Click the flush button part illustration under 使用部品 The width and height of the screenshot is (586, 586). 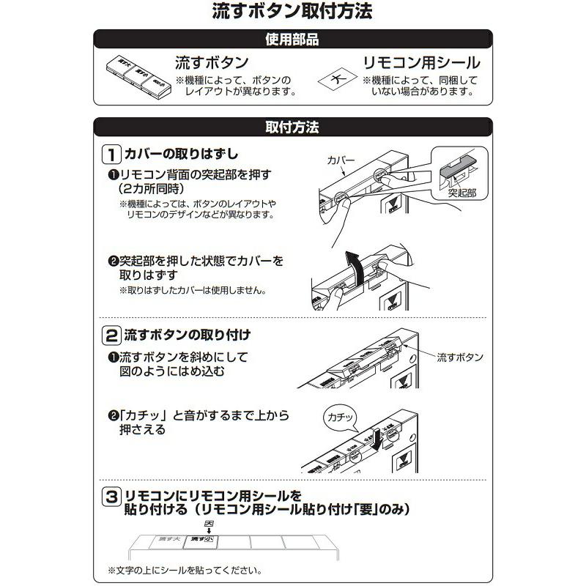coord(137,78)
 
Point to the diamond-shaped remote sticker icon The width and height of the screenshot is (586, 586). coord(336,80)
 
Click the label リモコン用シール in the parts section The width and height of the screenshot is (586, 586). coord(422,63)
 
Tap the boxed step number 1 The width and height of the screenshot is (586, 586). coord(111,155)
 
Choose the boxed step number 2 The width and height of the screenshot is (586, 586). coord(111,336)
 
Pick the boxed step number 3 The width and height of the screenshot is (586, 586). coord(111,496)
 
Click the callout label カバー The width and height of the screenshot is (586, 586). coord(340,159)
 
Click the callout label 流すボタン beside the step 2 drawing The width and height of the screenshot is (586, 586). coord(460,357)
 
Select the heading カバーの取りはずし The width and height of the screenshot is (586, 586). coord(180,155)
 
